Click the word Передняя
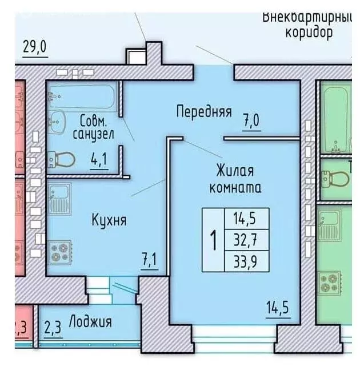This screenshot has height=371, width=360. point(203,111)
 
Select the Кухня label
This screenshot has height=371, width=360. point(108,220)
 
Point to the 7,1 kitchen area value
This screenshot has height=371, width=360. point(149,261)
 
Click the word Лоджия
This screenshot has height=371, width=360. point(90,321)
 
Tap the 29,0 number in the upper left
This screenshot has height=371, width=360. point(34,47)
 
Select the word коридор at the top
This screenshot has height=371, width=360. point(309,32)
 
